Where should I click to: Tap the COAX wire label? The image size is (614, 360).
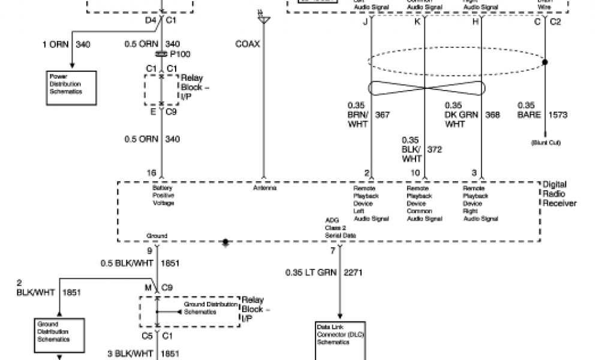248,44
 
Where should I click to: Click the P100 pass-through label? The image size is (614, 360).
180,55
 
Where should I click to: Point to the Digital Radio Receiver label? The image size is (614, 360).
559,194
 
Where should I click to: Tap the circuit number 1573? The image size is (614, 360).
558,114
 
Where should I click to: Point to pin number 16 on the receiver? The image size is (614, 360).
152,173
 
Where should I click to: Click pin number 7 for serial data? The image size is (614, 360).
333,250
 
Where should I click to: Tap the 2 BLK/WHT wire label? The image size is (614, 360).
35,288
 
